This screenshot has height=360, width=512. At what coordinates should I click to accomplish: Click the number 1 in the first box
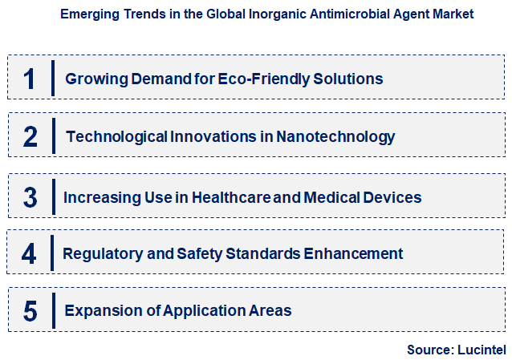[30, 79]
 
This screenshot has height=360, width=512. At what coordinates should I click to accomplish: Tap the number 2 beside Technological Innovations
[30, 137]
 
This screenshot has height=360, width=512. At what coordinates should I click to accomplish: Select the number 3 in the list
[30, 197]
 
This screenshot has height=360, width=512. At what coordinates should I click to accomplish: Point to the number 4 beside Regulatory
[30, 254]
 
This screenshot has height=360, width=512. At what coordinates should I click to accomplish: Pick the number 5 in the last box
[30, 311]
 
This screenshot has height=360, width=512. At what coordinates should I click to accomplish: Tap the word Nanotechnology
[335, 137]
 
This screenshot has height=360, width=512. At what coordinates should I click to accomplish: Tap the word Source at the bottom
[430, 350]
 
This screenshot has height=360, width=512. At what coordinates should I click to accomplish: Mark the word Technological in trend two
[116, 137]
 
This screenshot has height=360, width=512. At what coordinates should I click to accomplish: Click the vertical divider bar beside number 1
[53, 78]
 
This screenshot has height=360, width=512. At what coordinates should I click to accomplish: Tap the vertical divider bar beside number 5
[53, 310]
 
